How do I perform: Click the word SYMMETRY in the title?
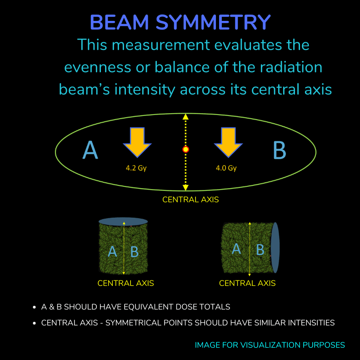pos(213,22)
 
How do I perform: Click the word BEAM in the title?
pos(120,22)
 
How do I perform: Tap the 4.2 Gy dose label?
pos(136,168)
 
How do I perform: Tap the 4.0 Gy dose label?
pos(226,168)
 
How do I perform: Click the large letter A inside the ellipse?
pos(90,150)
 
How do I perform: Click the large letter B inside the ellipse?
pos(280,150)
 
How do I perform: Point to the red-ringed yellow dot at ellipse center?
pos(185,150)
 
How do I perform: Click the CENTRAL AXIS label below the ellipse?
pos(190,200)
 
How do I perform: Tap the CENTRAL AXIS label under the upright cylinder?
pos(125,283)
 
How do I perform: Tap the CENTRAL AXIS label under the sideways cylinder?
pos(247,283)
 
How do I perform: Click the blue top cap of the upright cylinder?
pos(123,222)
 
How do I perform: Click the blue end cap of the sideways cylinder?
pos(275,247)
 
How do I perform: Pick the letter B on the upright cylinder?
pos(135,251)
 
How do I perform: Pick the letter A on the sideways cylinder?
pos(236,249)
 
